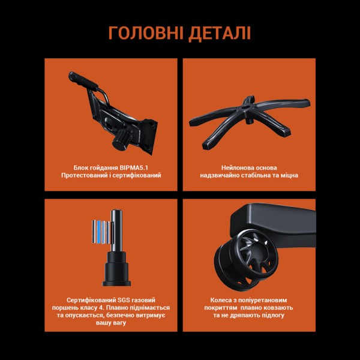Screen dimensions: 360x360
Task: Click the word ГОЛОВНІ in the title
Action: pyautogui.click(x=143, y=32)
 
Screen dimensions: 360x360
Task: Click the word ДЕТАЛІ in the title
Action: pyautogui.click(x=218, y=32)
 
